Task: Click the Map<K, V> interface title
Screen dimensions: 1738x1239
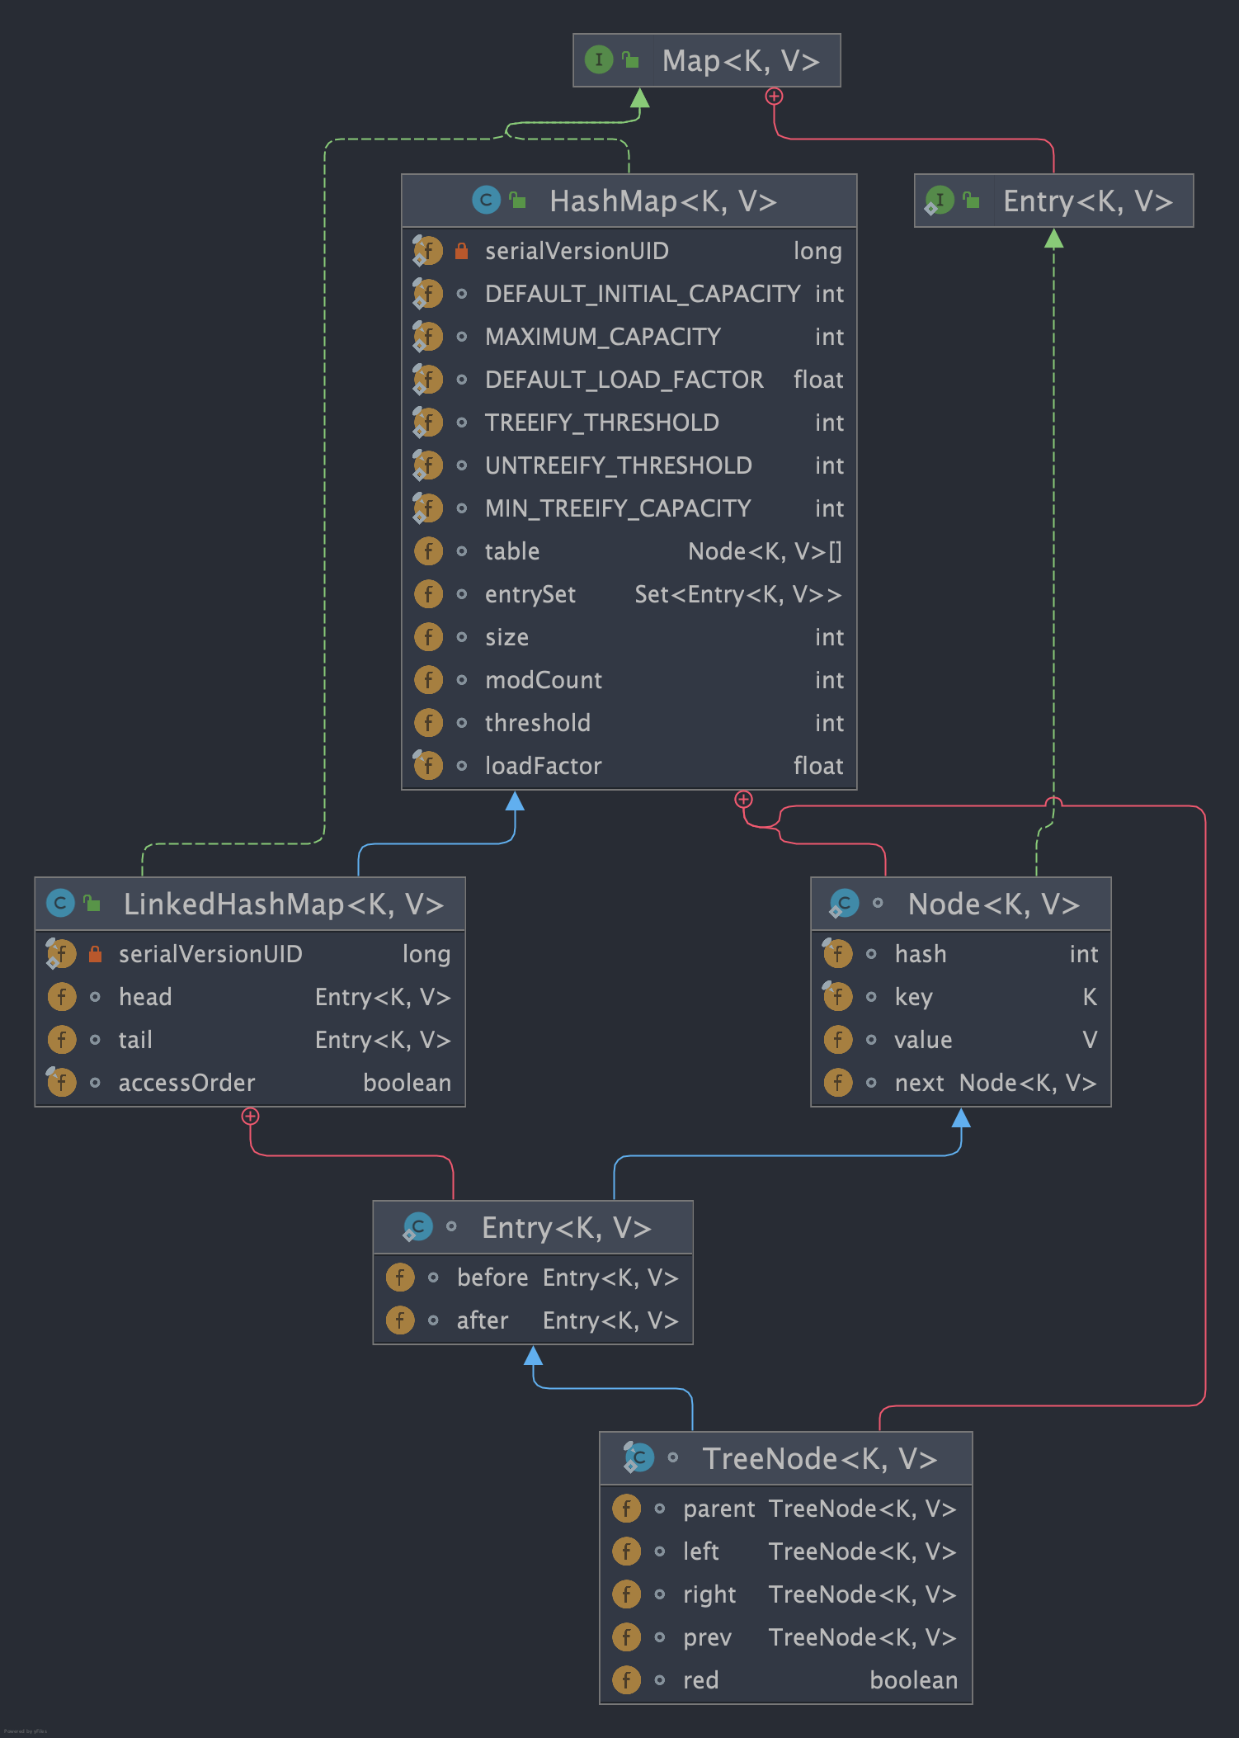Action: click(740, 61)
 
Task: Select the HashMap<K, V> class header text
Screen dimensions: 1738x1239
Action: click(663, 201)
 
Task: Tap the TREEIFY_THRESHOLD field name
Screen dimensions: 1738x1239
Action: click(601, 423)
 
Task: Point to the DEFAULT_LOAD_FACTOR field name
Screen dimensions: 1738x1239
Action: click(624, 380)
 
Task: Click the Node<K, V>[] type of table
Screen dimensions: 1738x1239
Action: click(765, 551)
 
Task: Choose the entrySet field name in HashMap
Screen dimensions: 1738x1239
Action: click(530, 594)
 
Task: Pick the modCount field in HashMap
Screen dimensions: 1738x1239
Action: click(543, 680)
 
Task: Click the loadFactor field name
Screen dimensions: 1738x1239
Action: click(543, 766)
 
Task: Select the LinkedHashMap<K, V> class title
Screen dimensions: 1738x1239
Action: click(283, 904)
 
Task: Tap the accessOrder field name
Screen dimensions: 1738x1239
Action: click(186, 1083)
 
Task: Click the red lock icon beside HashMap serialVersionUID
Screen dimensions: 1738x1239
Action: click(462, 251)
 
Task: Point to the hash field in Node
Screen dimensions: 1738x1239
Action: click(920, 954)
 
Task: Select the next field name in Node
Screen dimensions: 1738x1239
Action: click(918, 1083)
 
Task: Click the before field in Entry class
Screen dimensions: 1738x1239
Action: click(492, 1278)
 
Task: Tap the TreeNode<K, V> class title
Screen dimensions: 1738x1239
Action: click(819, 1459)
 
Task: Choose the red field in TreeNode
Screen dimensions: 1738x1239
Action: click(700, 1680)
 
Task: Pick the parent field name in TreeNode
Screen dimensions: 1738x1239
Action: click(718, 1509)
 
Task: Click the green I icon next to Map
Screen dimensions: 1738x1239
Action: click(598, 59)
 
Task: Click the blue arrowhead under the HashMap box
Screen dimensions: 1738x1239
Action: click(515, 801)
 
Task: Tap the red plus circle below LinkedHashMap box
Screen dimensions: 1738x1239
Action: click(250, 1117)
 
